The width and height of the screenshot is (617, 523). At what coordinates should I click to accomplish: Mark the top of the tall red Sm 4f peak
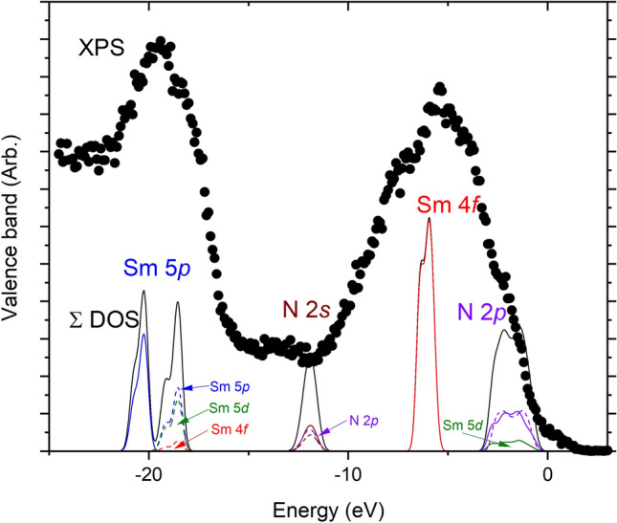(x=429, y=218)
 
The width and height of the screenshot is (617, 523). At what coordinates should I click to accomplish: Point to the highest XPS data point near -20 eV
(x=160, y=41)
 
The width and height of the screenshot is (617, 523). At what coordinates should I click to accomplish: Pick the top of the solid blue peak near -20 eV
(x=143, y=334)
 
